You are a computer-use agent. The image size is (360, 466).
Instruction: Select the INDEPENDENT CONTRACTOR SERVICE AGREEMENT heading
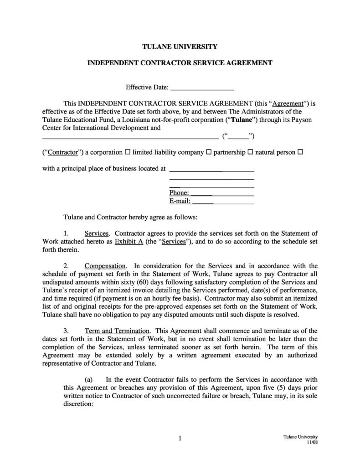(180, 64)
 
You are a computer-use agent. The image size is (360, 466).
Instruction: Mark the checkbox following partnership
(250, 152)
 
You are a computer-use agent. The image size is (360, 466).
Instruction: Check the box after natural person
(300, 152)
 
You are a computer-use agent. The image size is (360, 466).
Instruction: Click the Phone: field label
(179, 193)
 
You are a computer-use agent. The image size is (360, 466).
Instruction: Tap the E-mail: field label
(180, 201)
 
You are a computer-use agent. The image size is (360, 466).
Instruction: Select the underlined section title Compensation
(105, 265)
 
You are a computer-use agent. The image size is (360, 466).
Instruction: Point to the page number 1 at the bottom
(180, 439)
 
